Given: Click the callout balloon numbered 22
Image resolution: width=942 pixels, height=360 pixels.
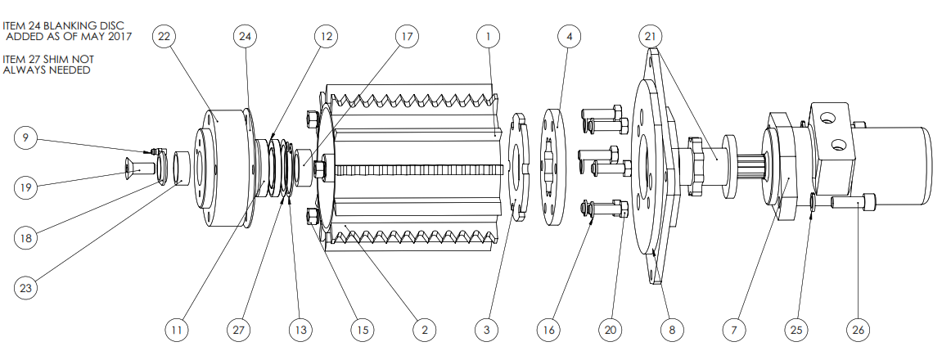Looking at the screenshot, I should (165, 37).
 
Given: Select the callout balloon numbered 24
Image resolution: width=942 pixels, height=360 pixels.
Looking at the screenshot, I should (245, 37).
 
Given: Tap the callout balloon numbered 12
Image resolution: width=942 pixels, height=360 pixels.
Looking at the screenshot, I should (327, 37).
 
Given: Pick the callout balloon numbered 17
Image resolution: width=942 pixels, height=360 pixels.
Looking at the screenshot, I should (406, 37).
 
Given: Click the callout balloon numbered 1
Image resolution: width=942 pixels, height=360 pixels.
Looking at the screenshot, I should (488, 37).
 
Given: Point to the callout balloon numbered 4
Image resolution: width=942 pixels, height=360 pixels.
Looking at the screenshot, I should (569, 37).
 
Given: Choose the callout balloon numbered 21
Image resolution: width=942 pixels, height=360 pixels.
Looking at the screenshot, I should (650, 37).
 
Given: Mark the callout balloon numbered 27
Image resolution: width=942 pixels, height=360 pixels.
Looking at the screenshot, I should (238, 330).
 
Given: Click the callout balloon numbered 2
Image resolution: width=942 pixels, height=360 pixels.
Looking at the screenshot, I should (424, 330).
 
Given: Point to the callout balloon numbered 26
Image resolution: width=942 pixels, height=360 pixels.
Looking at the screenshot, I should (857, 330).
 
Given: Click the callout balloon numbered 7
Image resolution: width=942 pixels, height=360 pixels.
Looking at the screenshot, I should (733, 330).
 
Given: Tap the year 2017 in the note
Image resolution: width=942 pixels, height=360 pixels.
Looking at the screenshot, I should (118, 36).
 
